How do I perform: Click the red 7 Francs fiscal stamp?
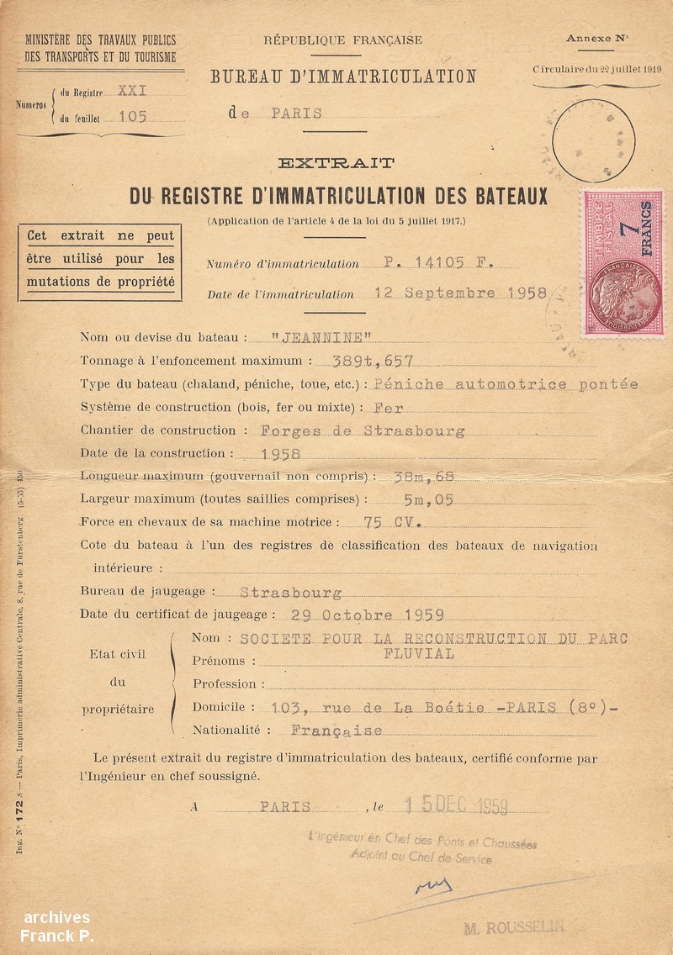pos(623,263)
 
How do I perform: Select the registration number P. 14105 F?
pos(438,262)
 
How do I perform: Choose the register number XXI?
pos(132,91)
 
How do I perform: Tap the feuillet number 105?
pos(132,117)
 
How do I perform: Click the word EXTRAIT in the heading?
pos(336,162)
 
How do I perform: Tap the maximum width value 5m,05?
pos(428,499)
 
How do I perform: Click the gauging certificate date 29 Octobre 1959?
pos(367,615)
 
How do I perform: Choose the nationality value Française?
pos(336,731)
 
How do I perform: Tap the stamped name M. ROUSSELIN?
pos(513,927)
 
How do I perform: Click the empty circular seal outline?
pos(595,140)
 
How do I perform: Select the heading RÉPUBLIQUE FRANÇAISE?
pos(343,40)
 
